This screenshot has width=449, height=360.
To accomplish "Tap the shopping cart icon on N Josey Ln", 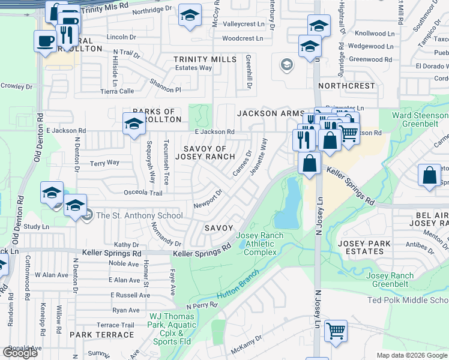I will pos(336,331).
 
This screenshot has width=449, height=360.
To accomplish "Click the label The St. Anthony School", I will pos(139,216).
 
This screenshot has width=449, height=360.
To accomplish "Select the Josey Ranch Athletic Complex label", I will pos(260,244).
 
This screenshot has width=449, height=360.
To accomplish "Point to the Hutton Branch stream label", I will pos(237,285).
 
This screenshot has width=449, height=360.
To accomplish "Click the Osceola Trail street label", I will pos(143,193).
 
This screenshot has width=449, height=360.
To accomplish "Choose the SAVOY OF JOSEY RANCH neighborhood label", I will pos(205,152).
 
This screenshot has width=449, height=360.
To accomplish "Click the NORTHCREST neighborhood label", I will pos(346,86).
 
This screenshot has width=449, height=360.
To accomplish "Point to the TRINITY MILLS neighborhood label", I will pos(205,59).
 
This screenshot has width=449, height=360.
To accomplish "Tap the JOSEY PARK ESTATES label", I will pos(364,247).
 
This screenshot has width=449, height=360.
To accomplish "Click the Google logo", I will pos(20,353).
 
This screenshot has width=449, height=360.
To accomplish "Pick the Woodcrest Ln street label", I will pos(243,38).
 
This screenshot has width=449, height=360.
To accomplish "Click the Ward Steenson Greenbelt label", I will pos(420,120).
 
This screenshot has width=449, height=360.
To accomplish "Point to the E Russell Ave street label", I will pos(130,295).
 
